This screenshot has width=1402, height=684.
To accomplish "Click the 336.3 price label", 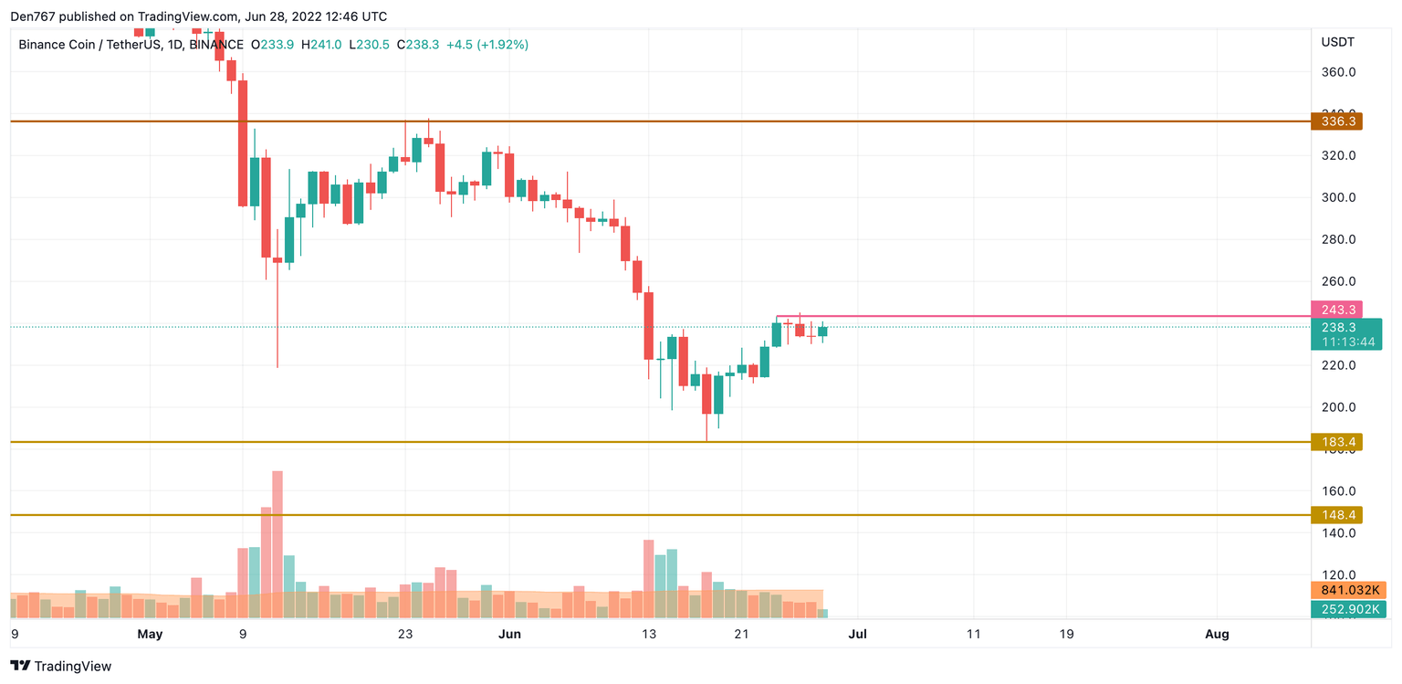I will (x=1335, y=121).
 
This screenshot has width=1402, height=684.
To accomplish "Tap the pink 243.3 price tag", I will (x=1335, y=309).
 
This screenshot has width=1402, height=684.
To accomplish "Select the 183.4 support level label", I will (x=1335, y=442).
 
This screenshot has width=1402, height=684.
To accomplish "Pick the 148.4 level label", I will (x=1335, y=515).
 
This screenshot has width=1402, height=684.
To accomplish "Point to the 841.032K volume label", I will (x=1347, y=590).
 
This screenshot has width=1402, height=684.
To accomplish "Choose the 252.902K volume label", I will (x=1347, y=609).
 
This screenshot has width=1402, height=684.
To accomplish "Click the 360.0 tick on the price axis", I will (x=1338, y=72).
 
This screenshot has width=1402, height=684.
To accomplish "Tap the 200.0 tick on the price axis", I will (x=1338, y=407).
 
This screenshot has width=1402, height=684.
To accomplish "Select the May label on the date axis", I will (x=150, y=634).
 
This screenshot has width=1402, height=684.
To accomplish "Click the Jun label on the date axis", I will (x=509, y=634).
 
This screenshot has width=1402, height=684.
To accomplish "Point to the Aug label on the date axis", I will (x=1217, y=634).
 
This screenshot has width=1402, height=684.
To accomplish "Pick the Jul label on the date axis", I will (x=858, y=634).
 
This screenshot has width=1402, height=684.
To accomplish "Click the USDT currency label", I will (x=1338, y=42).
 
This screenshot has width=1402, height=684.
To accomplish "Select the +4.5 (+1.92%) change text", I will (x=487, y=44).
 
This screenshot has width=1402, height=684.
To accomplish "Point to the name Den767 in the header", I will (x=34, y=16).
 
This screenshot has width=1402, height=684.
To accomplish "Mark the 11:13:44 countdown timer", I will (x=1344, y=342).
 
